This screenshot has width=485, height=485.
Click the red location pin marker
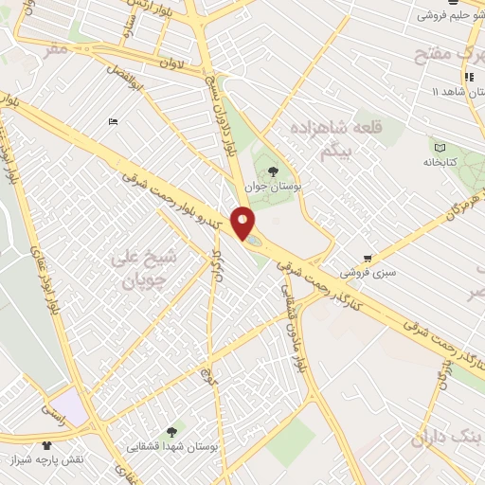point(243,224)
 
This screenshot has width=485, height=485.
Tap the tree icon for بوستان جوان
point(273,171)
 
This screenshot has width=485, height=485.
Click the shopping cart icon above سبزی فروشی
point(368,258)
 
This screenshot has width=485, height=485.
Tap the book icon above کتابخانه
point(438,146)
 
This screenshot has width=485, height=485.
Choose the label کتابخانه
point(439,162)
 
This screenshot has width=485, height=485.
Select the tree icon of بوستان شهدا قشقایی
point(171,431)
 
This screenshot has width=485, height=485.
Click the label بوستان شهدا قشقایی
point(173,445)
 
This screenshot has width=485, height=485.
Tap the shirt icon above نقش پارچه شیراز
point(46,444)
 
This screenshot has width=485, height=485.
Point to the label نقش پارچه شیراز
point(73,459)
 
